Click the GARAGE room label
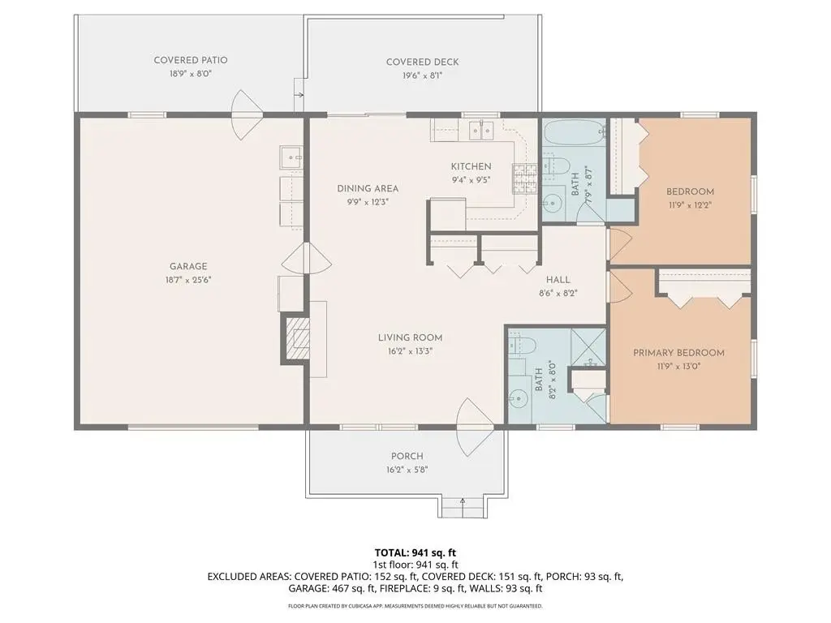click(x=188, y=266)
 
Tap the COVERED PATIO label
click(x=191, y=60)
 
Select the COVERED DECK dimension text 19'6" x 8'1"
click(x=422, y=75)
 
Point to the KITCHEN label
click(x=471, y=166)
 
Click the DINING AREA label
click(x=368, y=188)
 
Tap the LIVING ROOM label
click(x=410, y=337)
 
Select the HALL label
click(x=558, y=280)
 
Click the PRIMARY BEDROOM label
click(x=679, y=353)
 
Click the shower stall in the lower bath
click(x=588, y=346)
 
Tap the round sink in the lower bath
click(x=519, y=397)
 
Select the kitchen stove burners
click(x=524, y=178)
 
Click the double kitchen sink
click(x=481, y=130)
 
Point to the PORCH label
click(x=407, y=456)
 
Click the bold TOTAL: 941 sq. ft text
click(x=415, y=553)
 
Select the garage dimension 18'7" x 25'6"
click(x=188, y=280)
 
